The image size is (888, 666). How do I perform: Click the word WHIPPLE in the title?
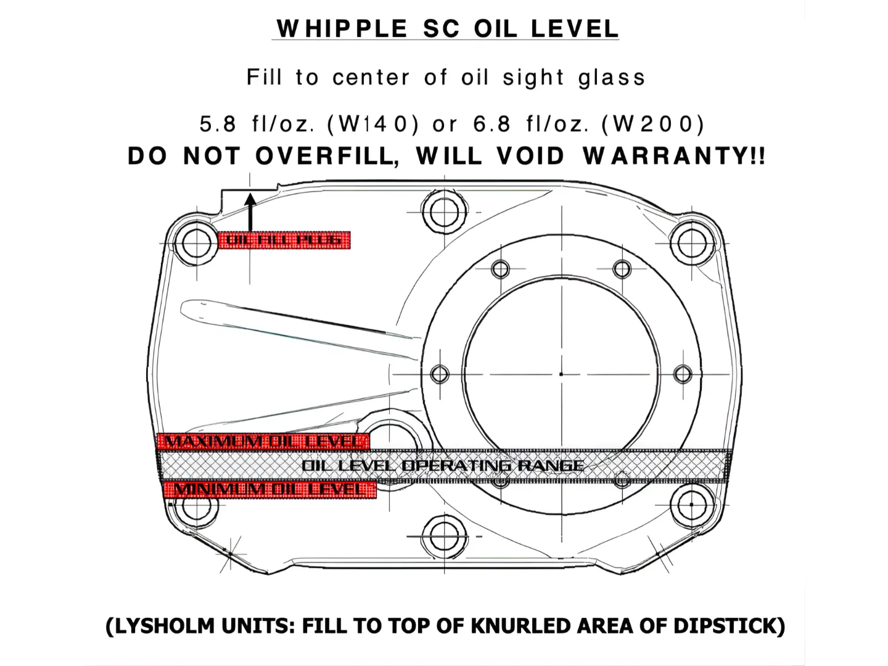[x=342, y=29]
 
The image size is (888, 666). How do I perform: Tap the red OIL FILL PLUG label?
[x=284, y=240]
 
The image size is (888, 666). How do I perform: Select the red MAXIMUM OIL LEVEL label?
[x=263, y=442]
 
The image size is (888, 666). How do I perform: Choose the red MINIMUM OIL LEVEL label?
[x=269, y=490]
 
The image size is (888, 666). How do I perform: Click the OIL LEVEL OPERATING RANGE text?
[x=443, y=466]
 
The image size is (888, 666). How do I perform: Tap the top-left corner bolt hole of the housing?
[x=195, y=244]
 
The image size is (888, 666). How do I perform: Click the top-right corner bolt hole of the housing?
[x=688, y=242]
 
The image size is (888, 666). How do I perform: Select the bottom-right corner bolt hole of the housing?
[x=688, y=506]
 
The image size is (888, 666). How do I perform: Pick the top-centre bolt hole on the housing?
[x=443, y=213]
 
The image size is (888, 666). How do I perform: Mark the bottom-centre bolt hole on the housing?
[x=443, y=535]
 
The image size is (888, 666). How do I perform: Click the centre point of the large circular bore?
[x=561, y=374]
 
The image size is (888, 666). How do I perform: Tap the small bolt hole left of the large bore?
[x=440, y=374]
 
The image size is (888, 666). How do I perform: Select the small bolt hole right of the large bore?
[x=683, y=374]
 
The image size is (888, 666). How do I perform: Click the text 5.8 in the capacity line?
[x=218, y=125]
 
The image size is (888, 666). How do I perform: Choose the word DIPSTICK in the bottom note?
[x=729, y=626]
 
